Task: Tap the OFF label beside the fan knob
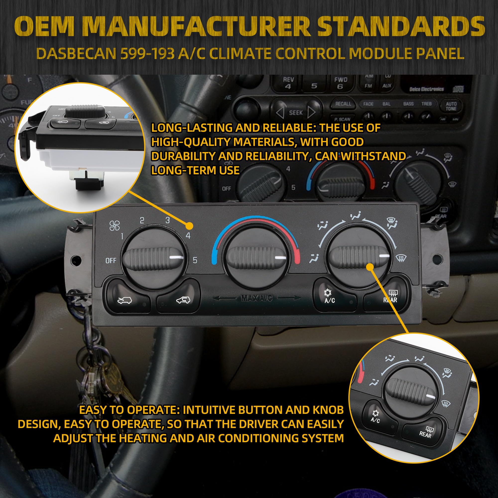click(111, 261)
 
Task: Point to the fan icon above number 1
click(115, 226)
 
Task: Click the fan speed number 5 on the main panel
click(195, 260)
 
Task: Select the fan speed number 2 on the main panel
click(142, 221)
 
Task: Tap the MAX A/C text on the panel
click(256, 299)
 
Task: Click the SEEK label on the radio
click(296, 113)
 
